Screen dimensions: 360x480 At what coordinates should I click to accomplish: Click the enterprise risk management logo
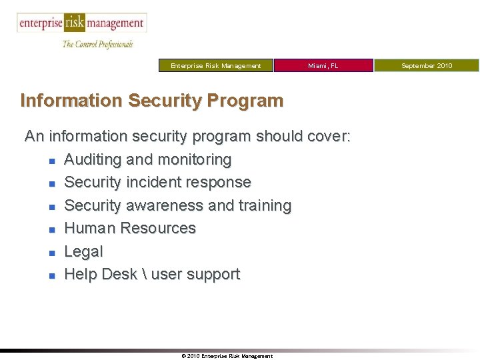81,23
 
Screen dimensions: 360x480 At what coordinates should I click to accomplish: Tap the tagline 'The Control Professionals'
97,44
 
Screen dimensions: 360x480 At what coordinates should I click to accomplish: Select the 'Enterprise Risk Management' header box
216,65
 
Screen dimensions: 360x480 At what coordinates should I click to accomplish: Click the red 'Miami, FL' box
323,65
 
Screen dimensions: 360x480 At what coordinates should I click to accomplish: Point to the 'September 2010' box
427,65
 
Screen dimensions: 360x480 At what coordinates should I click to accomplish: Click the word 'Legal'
83,251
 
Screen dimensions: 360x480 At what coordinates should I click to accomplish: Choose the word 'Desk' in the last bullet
121,274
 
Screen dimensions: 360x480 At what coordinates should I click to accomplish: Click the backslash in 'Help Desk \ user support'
144,274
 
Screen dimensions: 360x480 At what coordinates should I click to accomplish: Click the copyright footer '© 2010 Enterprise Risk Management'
227,356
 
